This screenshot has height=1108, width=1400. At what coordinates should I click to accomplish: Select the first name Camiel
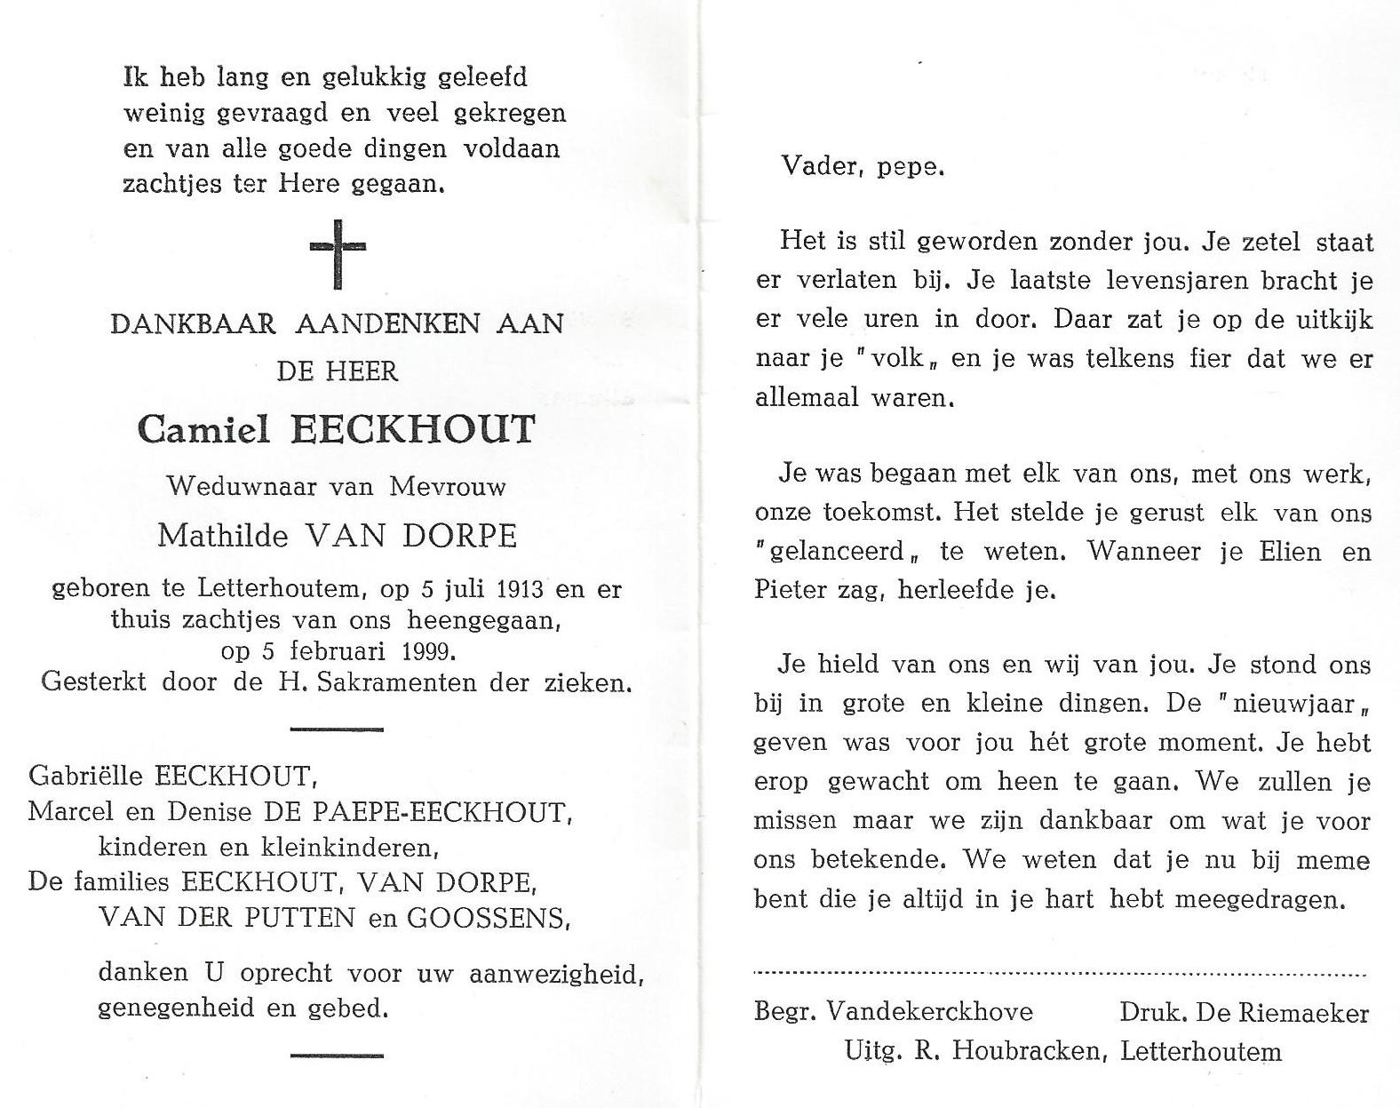203,430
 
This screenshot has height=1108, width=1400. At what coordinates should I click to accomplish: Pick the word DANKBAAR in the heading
193,323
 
